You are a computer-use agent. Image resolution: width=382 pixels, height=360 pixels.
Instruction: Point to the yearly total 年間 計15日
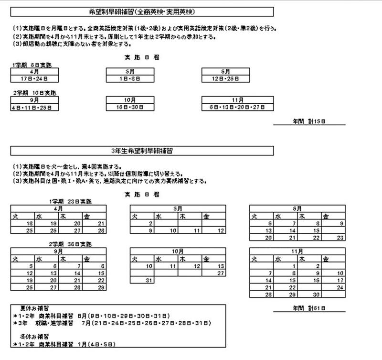coord(309,121)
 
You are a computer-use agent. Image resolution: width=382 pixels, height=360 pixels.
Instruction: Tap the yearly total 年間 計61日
coord(309,308)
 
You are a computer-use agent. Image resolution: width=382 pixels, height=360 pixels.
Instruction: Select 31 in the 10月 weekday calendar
coord(149,280)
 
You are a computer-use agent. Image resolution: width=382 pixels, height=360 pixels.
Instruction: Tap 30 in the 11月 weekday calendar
coord(316,295)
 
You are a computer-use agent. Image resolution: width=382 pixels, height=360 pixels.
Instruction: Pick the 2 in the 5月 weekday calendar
coord(150,223)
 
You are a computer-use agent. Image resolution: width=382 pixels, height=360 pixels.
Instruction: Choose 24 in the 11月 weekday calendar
coord(340,287)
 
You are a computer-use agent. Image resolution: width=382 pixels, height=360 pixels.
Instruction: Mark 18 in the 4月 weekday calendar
coord(30,223)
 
